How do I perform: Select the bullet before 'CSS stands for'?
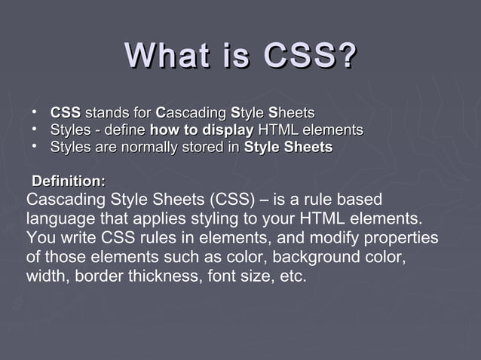pos(35,112)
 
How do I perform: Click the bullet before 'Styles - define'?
pos(35,130)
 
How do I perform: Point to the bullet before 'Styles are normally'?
pos(35,146)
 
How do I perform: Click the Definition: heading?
pos(69,182)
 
